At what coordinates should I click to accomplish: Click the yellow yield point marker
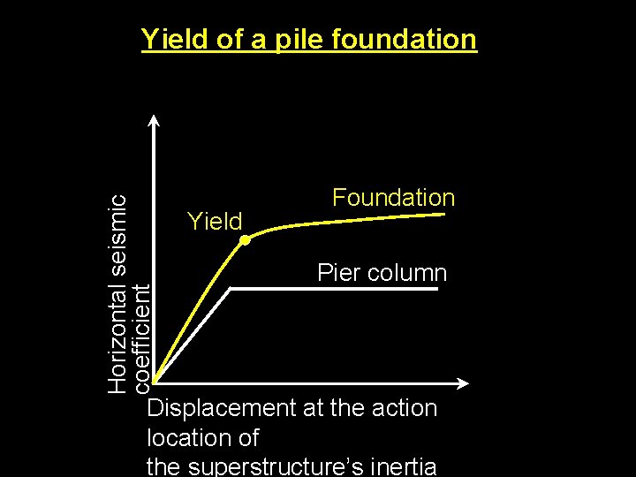[245, 239]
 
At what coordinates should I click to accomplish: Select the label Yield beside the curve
[215, 221]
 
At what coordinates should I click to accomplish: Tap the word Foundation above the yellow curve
[393, 198]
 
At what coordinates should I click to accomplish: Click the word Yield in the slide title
[175, 40]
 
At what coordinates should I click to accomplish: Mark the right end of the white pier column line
[437, 290]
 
